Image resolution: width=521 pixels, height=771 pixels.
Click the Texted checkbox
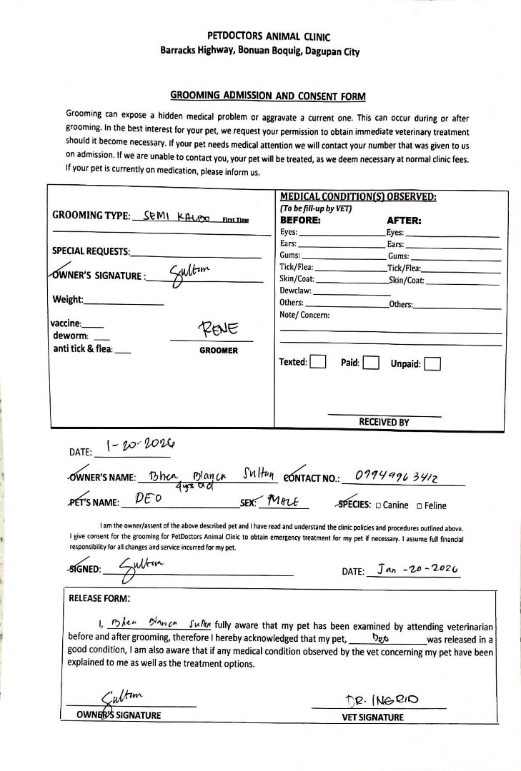point(318,362)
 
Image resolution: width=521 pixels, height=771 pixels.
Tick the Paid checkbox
point(370,363)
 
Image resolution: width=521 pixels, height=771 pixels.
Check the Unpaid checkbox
point(432,364)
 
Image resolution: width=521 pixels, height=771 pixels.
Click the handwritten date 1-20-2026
point(135,446)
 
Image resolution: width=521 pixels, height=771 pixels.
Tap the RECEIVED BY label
point(384,422)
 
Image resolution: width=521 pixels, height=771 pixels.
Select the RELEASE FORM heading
point(99,598)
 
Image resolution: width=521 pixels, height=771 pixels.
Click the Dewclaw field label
point(296,291)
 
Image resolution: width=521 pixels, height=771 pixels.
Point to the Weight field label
point(68,299)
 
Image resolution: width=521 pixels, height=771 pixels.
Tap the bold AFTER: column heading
point(404,221)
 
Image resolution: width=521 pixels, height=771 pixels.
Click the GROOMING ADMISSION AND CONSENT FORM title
point(267,96)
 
